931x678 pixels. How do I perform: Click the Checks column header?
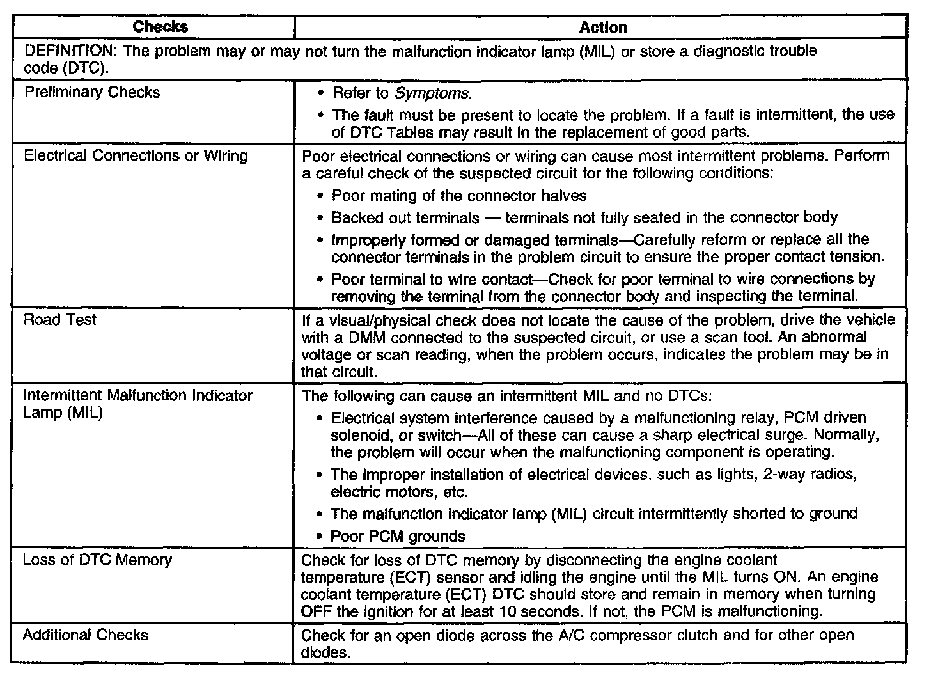(x=160, y=27)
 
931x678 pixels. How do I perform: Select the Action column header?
(x=602, y=28)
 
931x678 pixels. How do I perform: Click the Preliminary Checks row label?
(x=92, y=92)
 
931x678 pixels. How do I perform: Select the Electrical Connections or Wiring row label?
(x=136, y=155)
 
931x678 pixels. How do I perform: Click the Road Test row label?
(x=59, y=319)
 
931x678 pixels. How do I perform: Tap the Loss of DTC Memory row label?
(x=97, y=560)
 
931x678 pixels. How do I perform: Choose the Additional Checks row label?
(x=86, y=635)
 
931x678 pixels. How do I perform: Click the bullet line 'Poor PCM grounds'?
(x=398, y=536)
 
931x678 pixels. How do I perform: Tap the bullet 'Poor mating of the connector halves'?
(x=458, y=196)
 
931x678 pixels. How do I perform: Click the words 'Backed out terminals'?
(x=405, y=217)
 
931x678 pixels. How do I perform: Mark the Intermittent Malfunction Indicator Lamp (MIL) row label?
(x=137, y=404)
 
